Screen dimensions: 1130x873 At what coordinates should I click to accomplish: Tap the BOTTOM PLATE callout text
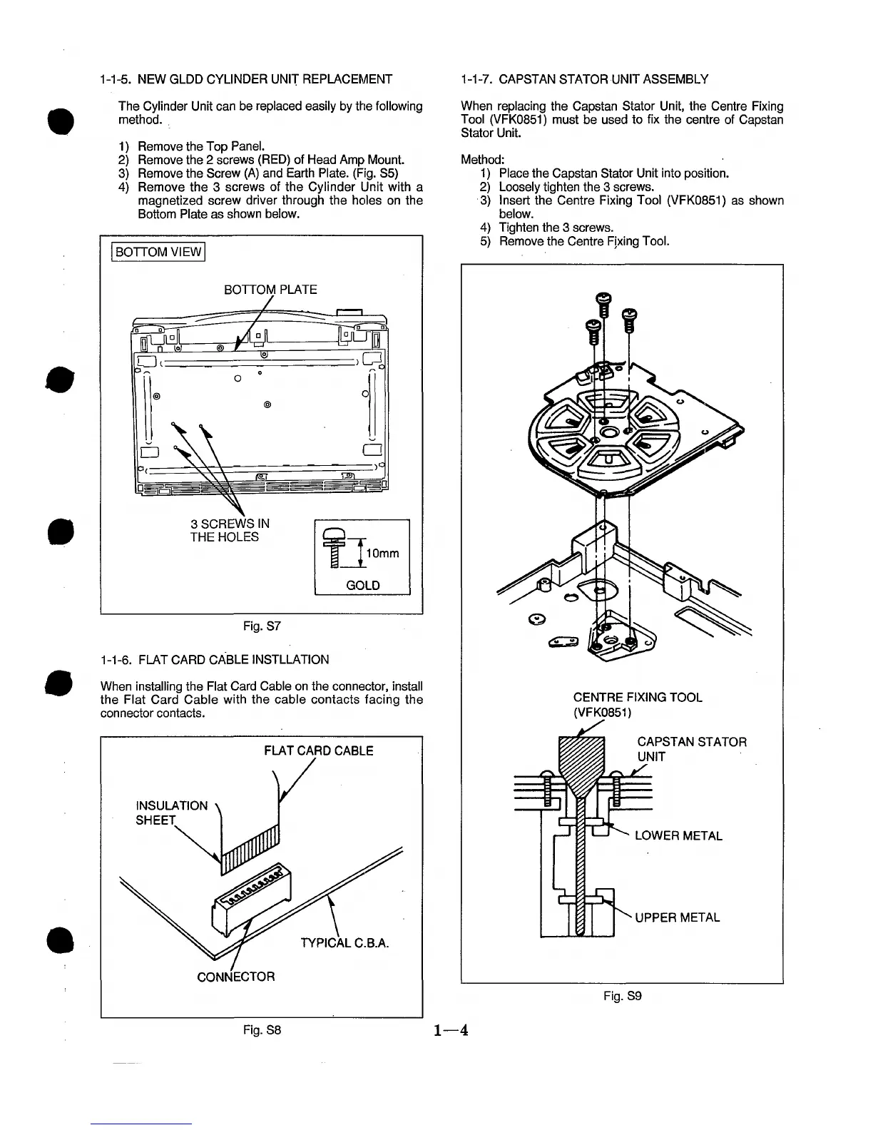coord(270,289)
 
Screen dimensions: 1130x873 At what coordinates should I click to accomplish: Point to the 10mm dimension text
coord(382,554)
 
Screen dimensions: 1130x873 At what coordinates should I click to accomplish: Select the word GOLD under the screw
coord(362,585)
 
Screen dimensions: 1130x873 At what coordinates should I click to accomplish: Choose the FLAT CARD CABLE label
coord(318,750)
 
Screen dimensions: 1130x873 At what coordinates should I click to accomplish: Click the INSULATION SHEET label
coord(171,813)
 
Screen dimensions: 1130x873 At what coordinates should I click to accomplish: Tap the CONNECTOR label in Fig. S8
coord(235,976)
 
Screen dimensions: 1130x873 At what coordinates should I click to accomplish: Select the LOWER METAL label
coord(678,835)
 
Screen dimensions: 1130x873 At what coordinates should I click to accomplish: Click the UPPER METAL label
coord(677,917)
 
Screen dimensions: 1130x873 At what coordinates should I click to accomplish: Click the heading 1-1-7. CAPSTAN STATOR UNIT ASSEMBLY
coord(584,78)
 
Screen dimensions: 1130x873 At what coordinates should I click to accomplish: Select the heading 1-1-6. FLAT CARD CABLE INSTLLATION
coord(215,659)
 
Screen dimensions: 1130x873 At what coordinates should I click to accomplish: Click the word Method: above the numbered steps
coord(481,160)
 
